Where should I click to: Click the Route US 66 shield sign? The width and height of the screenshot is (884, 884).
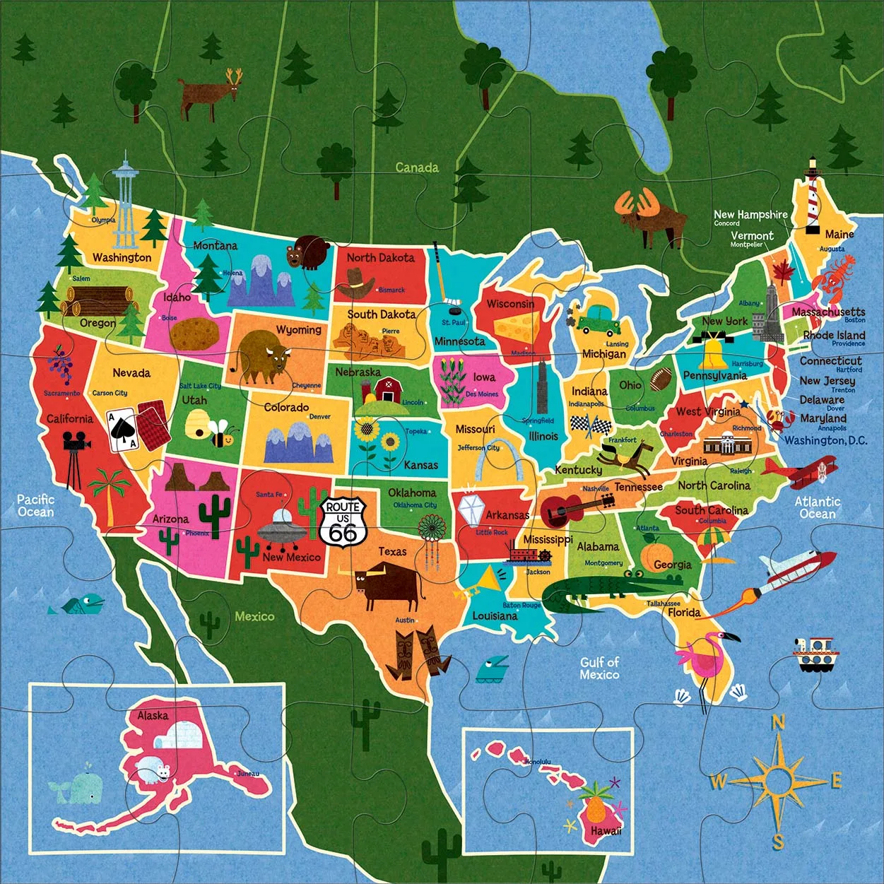(x=343, y=522)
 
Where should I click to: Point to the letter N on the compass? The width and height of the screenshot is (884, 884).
(x=777, y=721)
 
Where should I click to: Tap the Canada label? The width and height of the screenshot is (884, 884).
(x=416, y=167)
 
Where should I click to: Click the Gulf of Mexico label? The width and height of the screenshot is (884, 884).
(x=599, y=668)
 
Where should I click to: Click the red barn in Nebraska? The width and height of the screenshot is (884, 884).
(x=387, y=389)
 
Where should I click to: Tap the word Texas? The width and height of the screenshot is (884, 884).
(x=392, y=551)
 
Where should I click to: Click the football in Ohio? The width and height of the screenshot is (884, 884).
(x=662, y=379)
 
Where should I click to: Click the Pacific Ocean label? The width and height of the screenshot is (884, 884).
(x=35, y=505)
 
